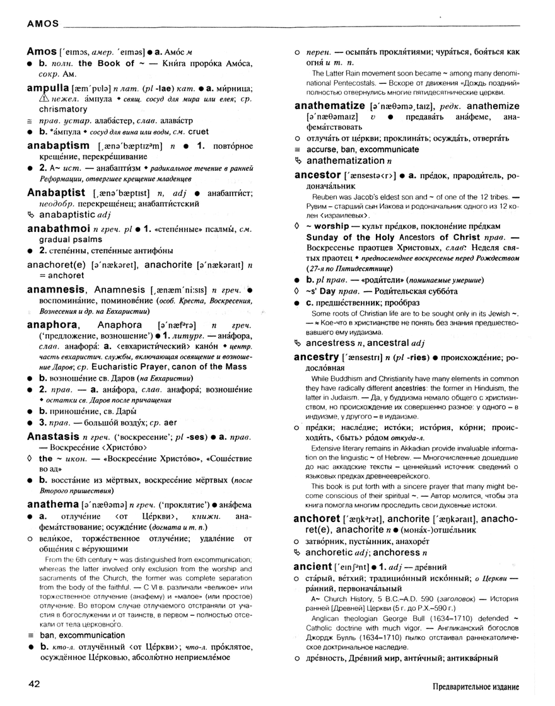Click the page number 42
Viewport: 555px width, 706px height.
click(x=35, y=683)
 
